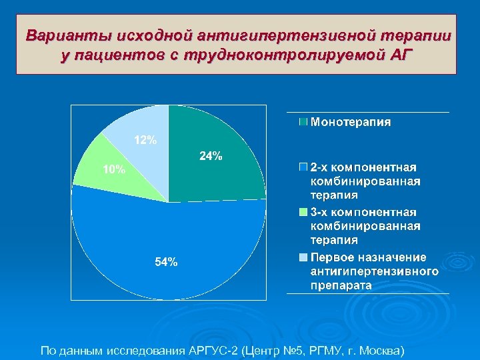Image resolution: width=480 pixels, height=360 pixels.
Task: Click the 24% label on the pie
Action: pos(211,156)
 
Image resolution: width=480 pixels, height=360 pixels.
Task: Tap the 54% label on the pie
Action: pos(166,262)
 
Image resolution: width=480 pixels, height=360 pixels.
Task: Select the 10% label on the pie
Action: pos(113,169)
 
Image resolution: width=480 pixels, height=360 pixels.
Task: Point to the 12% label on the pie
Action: pos(146,140)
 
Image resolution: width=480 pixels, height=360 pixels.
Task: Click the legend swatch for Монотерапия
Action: pos(304,122)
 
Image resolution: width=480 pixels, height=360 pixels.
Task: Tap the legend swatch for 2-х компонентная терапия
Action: pos(304,167)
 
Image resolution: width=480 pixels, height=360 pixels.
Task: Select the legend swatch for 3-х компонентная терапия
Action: pos(304,212)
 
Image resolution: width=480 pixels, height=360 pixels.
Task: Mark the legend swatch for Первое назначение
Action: pos(304,257)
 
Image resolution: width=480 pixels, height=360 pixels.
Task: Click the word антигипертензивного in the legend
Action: pos(375,271)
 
